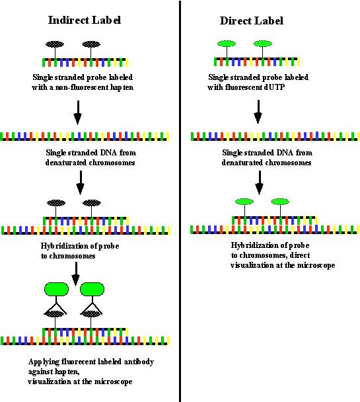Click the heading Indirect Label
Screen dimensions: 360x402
85,20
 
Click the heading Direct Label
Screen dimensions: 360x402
252,20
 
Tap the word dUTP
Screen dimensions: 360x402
274,87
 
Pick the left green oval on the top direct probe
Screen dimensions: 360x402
227,44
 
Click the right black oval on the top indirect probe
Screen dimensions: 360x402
91,44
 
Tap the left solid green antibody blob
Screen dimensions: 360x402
56,289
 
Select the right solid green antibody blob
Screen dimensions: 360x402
92,289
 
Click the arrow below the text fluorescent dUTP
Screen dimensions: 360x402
258,112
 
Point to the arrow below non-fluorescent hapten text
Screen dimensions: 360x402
78,112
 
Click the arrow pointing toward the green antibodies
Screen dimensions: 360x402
76,274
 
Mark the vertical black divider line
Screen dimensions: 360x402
180,201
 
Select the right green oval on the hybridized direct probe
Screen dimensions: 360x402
280,202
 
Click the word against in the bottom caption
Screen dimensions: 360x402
40,372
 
